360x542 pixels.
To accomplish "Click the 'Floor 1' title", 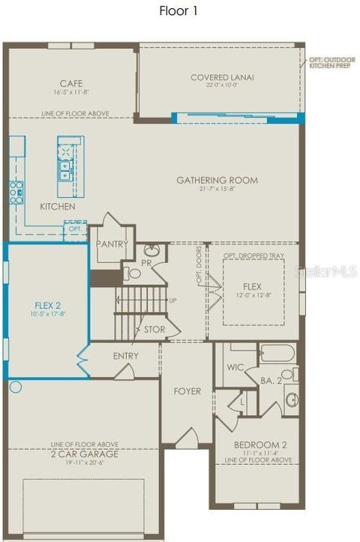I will point(179,10).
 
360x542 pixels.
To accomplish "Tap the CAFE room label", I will point(71,83).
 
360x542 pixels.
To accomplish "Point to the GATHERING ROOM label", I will point(217,180).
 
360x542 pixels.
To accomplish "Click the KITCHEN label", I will point(57,206).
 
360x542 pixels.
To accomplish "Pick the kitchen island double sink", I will point(66,171).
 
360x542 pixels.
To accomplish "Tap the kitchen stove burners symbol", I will point(16,193).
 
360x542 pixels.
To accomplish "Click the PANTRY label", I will point(112,244).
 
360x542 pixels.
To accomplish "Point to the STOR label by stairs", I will point(154,329).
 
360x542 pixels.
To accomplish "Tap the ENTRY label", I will point(125,356).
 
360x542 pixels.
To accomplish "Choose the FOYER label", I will point(187,391).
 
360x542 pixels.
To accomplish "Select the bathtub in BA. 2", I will point(278,352).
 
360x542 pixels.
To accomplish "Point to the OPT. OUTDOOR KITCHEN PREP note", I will point(328,63).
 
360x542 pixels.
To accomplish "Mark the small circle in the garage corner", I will point(16,388).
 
